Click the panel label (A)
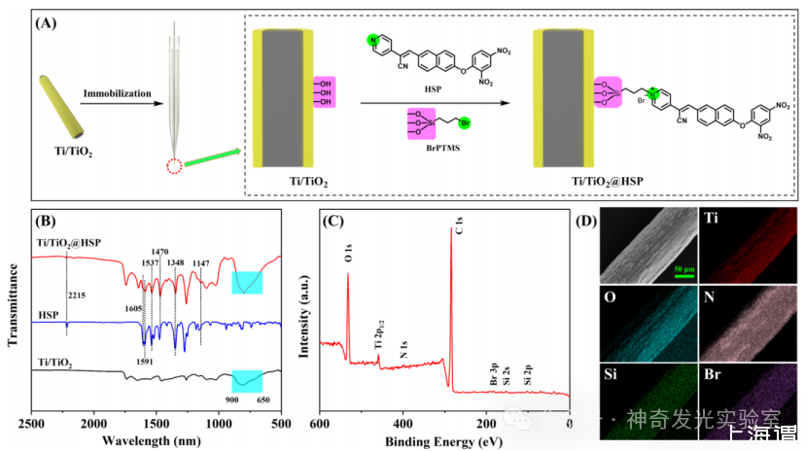[x=44, y=22]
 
